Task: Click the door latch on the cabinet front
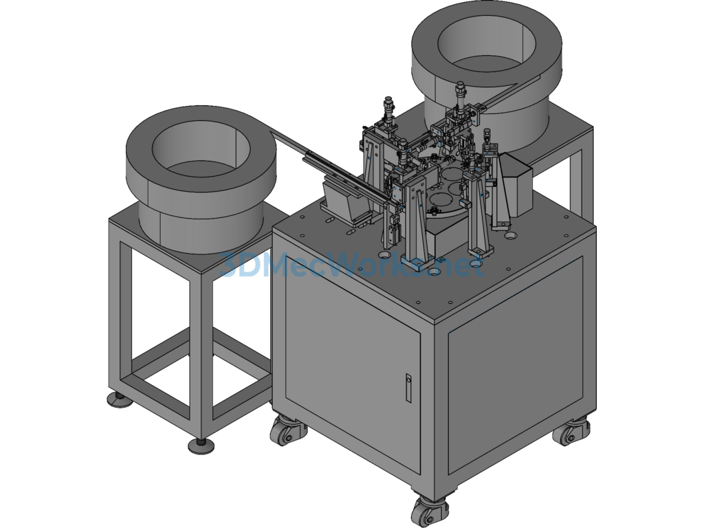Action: point(408,388)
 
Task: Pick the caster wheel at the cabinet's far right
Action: point(571,431)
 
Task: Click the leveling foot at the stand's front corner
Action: point(201,445)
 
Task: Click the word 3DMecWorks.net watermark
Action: point(351,266)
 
